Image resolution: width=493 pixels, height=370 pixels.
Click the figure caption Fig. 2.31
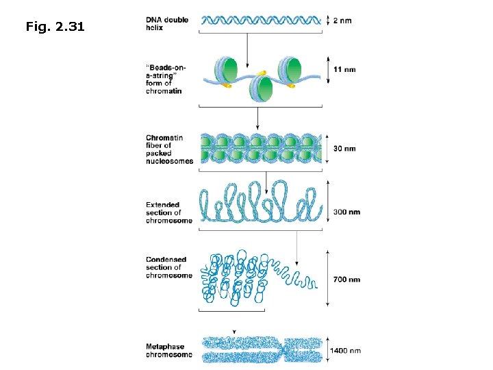coord(55,27)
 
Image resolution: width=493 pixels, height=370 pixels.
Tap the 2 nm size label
coord(342,21)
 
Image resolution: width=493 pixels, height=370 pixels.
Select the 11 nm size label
coord(344,70)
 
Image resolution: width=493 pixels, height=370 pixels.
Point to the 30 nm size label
coord(344,149)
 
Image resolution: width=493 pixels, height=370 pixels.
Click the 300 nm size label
coord(346,212)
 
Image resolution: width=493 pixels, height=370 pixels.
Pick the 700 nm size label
coord(346,280)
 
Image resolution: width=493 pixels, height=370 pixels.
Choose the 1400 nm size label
coord(346,351)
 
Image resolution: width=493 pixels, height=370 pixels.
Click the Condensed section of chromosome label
coord(168,267)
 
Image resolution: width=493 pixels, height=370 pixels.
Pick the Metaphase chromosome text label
coord(168,351)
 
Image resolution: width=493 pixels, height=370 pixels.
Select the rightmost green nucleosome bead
coord(292,69)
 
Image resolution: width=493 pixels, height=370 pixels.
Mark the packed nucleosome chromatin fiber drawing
coord(260,149)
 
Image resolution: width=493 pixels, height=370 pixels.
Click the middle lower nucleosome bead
coord(260,88)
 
